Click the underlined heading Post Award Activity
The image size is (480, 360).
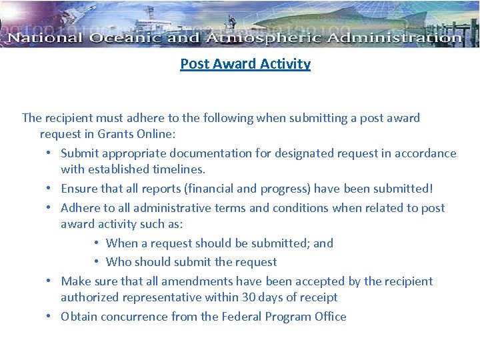point(245,64)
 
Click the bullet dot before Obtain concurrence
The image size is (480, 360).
point(50,317)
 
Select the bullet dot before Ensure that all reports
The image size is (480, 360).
point(50,189)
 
